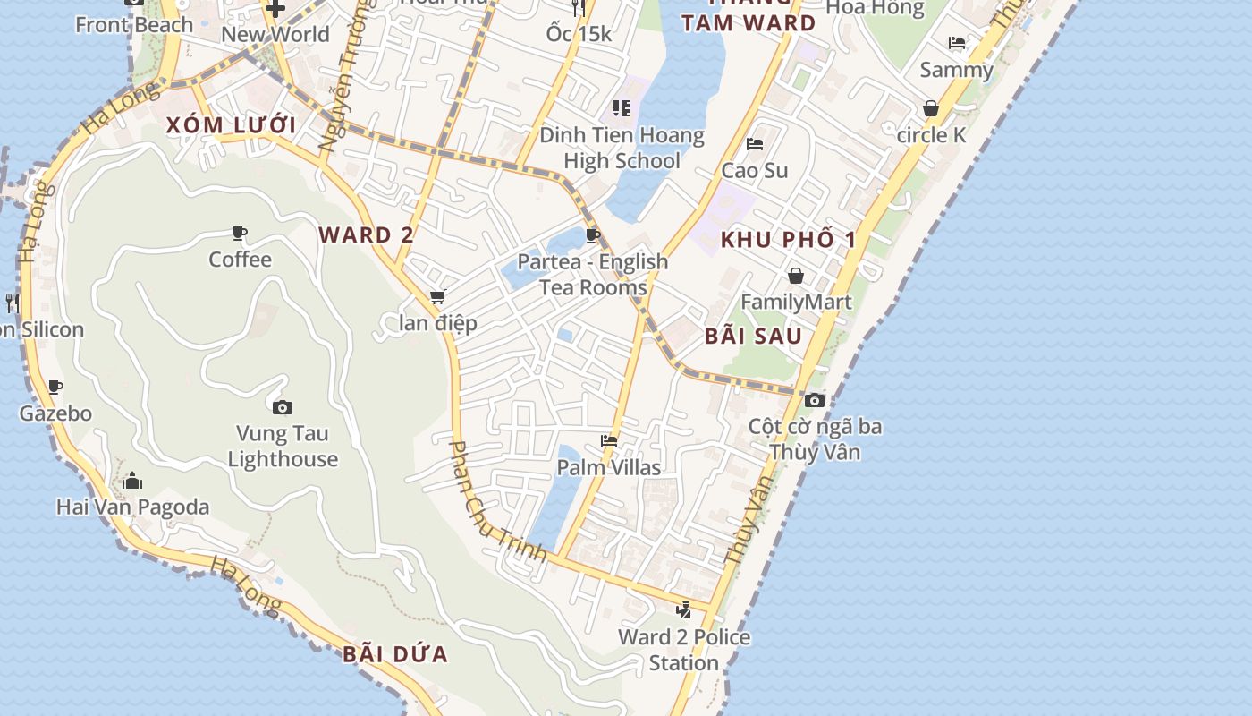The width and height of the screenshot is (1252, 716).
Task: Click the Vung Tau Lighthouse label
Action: (x=283, y=447)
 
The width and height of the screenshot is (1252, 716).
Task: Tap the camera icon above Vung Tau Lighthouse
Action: (x=283, y=408)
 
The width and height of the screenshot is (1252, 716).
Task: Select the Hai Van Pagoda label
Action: (x=132, y=507)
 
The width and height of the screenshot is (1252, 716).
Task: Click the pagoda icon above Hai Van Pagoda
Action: (x=132, y=482)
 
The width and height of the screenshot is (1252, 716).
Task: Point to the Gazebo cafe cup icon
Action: (x=55, y=388)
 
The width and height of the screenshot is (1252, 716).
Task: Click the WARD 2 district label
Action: (x=367, y=235)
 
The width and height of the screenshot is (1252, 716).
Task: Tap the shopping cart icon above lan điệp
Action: (x=437, y=297)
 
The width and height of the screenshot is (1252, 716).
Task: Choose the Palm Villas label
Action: (x=609, y=467)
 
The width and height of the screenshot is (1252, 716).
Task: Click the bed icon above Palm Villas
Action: (x=609, y=441)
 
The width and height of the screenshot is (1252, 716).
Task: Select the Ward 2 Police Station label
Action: (x=684, y=650)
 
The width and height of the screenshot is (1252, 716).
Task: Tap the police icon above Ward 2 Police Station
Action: (x=684, y=611)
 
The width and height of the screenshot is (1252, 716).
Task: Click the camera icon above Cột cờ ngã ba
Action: (x=815, y=400)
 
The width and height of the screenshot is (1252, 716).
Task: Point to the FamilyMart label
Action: (x=796, y=302)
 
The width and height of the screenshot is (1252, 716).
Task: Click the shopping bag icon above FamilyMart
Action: (x=796, y=276)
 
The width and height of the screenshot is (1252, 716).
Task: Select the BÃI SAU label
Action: (x=753, y=337)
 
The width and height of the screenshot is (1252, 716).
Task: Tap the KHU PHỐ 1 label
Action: (x=788, y=240)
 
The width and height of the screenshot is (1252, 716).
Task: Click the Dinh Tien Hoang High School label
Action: (x=622, y=149)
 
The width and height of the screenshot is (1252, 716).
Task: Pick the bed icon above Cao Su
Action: (x=755, y=144)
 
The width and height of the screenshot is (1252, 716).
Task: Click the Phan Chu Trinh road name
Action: (x=497, y=501)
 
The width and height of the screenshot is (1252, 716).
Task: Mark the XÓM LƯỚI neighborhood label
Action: (x=231, y=125)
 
